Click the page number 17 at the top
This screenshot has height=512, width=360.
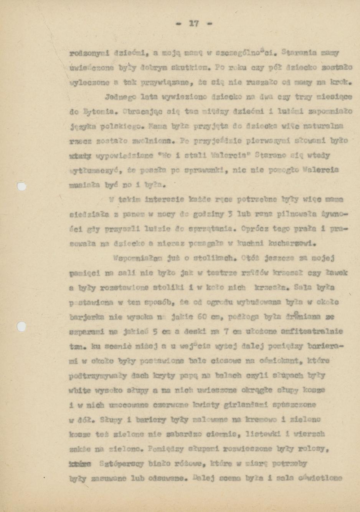[x=193, y=23]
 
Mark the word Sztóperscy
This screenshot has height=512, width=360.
[x=117, y=464]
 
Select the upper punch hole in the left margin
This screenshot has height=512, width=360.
[x=22, y=186]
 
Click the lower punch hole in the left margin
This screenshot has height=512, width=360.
[x=22, y=326]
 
